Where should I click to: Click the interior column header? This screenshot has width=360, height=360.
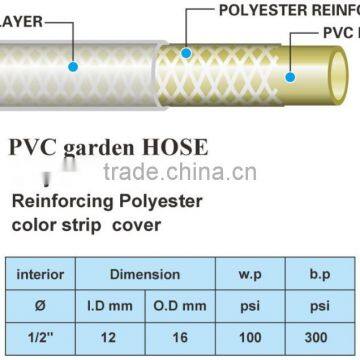click(x=43, y=274)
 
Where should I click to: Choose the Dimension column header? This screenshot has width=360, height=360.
click(x=145, y=274)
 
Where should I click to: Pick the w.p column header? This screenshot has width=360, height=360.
click(x=250, y=274)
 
